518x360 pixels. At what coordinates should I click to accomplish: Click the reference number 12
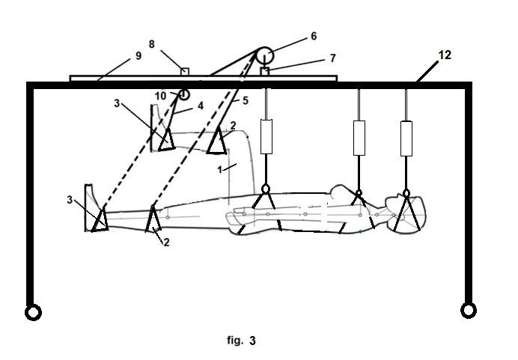pyautogui.click(x=445, y=55)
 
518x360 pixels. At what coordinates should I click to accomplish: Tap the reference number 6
pyautogui.click(x=314, y=36)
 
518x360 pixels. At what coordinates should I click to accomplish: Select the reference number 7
pyautogui.click(x=332, y=58)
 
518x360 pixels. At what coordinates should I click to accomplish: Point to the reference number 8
pyautogui.click(x=152, y=44)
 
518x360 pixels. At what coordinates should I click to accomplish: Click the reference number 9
pyautogui.click(x=138, y=56)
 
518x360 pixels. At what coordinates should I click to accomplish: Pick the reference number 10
pyautogui.click(x=160, y=96)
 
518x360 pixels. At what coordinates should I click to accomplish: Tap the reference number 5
pyautogui.click(x=245, y=100)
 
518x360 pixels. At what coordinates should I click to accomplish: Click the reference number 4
pyautogui.click(x=201, y=106)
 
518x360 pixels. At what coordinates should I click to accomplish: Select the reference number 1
pyautogui.click(x=219, y=170)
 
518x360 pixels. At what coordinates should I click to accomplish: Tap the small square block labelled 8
pyautogui.click(x=185, y=72)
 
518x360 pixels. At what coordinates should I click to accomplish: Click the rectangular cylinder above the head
pyautogui.click(x=406, y=138)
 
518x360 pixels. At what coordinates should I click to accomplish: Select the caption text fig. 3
pyautogui.click(x=242, y=341)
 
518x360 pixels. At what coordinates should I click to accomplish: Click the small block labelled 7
pyautogui.click(x=265, y=71)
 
